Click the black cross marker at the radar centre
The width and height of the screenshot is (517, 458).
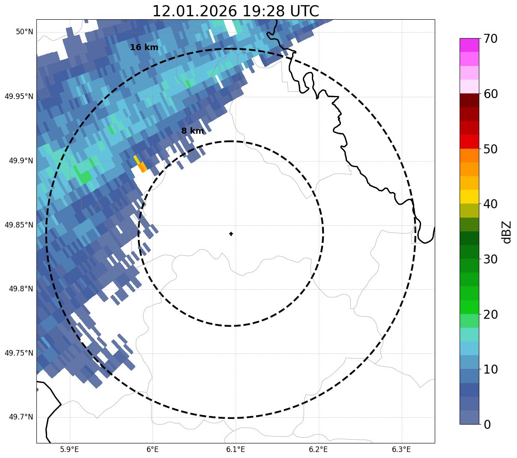[231, 233]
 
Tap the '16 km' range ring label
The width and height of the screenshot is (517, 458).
[144, 48]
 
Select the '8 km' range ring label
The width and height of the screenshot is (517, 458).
[192, 131]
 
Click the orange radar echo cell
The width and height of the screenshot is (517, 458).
[142, 167]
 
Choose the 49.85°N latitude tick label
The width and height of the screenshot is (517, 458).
[19, 225]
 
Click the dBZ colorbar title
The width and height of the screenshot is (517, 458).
[507, 232]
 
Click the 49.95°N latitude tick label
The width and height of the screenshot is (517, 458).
[19, 96]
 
